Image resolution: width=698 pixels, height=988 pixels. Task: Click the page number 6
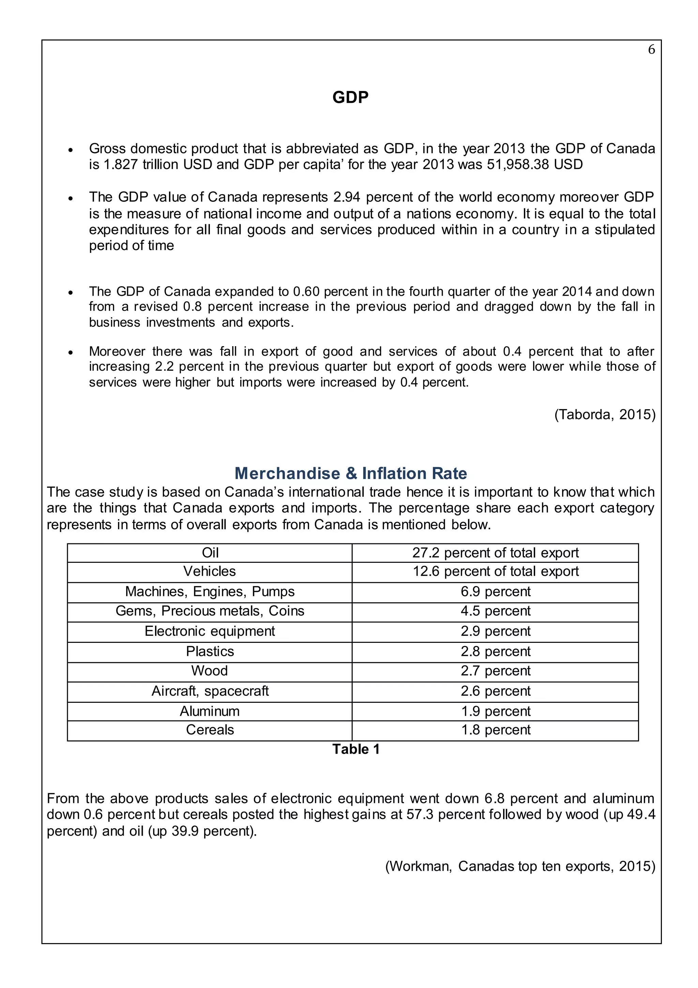point(651,50)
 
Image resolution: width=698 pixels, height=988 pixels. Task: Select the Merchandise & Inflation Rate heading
point(350,473)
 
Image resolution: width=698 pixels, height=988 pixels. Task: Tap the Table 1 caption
point(356,749)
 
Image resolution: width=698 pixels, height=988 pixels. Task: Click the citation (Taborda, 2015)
point(605,414)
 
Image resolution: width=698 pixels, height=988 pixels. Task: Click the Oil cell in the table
point(210,553)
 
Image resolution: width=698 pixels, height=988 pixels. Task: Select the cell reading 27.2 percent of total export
point(495,553)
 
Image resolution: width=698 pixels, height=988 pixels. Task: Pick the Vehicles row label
point(210,571)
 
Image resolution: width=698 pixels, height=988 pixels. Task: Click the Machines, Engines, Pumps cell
point(210,592)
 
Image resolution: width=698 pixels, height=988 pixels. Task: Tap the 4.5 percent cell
point(495,611)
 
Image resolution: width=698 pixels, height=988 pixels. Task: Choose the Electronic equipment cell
point(210,631)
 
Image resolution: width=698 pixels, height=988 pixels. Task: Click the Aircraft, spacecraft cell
point(210,691)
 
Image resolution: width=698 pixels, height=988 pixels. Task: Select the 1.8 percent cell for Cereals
point(495,730)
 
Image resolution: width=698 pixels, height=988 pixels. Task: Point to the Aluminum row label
point(210,711)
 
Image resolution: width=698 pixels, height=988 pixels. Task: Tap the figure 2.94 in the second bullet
point(346,197)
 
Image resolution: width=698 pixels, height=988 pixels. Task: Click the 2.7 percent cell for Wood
point(495,671)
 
